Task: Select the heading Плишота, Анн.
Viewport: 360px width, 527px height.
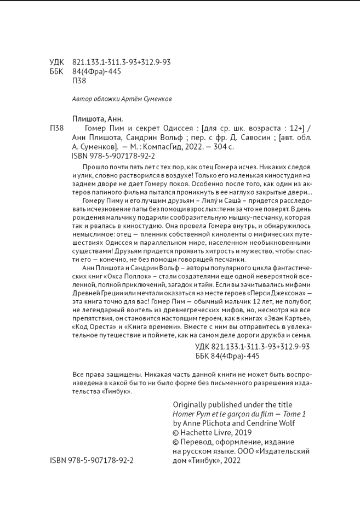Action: click(x=98, y=119)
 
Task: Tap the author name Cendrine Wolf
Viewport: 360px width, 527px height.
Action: click(x=268, y=423)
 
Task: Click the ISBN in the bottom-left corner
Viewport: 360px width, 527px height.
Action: click(x=92, y=461)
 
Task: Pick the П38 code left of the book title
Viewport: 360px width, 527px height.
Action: click(x=57, y=128)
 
